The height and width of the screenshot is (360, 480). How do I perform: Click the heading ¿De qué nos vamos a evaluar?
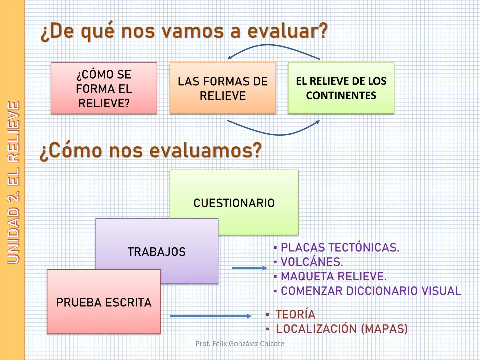pyautogui.click(x=184, y=31)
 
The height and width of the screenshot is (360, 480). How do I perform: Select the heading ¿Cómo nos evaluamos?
pyautogui.click(x=151, y=151)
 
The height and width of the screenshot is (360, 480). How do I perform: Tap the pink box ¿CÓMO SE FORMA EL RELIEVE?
pyautogui.click(x=104, y=88)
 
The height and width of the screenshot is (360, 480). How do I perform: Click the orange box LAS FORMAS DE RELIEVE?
pyautogui.click(x=223, y=88)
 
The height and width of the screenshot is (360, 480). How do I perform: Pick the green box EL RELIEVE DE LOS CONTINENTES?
pyautogui.click(x=341, y=88)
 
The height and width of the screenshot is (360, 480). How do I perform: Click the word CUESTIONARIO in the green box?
pyautogui.click(x=234, y=203)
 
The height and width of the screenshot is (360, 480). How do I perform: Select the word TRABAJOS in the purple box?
pyautogui.click(x=157, y=252)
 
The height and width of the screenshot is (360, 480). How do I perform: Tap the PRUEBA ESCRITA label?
pyautogui.click(x=104, y=302)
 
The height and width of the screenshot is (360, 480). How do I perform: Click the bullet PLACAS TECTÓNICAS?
pyautogui.click(x=339, y=248)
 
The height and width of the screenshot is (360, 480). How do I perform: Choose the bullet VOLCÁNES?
pyautogui.click(x=311, y=262)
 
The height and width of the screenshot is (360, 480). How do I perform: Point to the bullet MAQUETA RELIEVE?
pyautogui.click(x=333, y=276)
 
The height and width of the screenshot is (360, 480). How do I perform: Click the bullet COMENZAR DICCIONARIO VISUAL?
pyautogui.click(x=371, y=291)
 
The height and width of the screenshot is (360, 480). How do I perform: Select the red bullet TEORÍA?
pyautogui.click(x=295, y=314)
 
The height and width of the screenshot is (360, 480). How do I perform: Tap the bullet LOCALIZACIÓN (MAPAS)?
pyautogui.click(x=342, y=329)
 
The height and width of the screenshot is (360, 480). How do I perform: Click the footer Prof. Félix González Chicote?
pyautogui.click(x=240, y=344)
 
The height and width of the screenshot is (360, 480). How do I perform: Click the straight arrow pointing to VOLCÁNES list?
pyautogui.click(x=249, y=268)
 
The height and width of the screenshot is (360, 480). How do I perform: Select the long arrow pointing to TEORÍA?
pyautogui.click(x=211, y=316)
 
